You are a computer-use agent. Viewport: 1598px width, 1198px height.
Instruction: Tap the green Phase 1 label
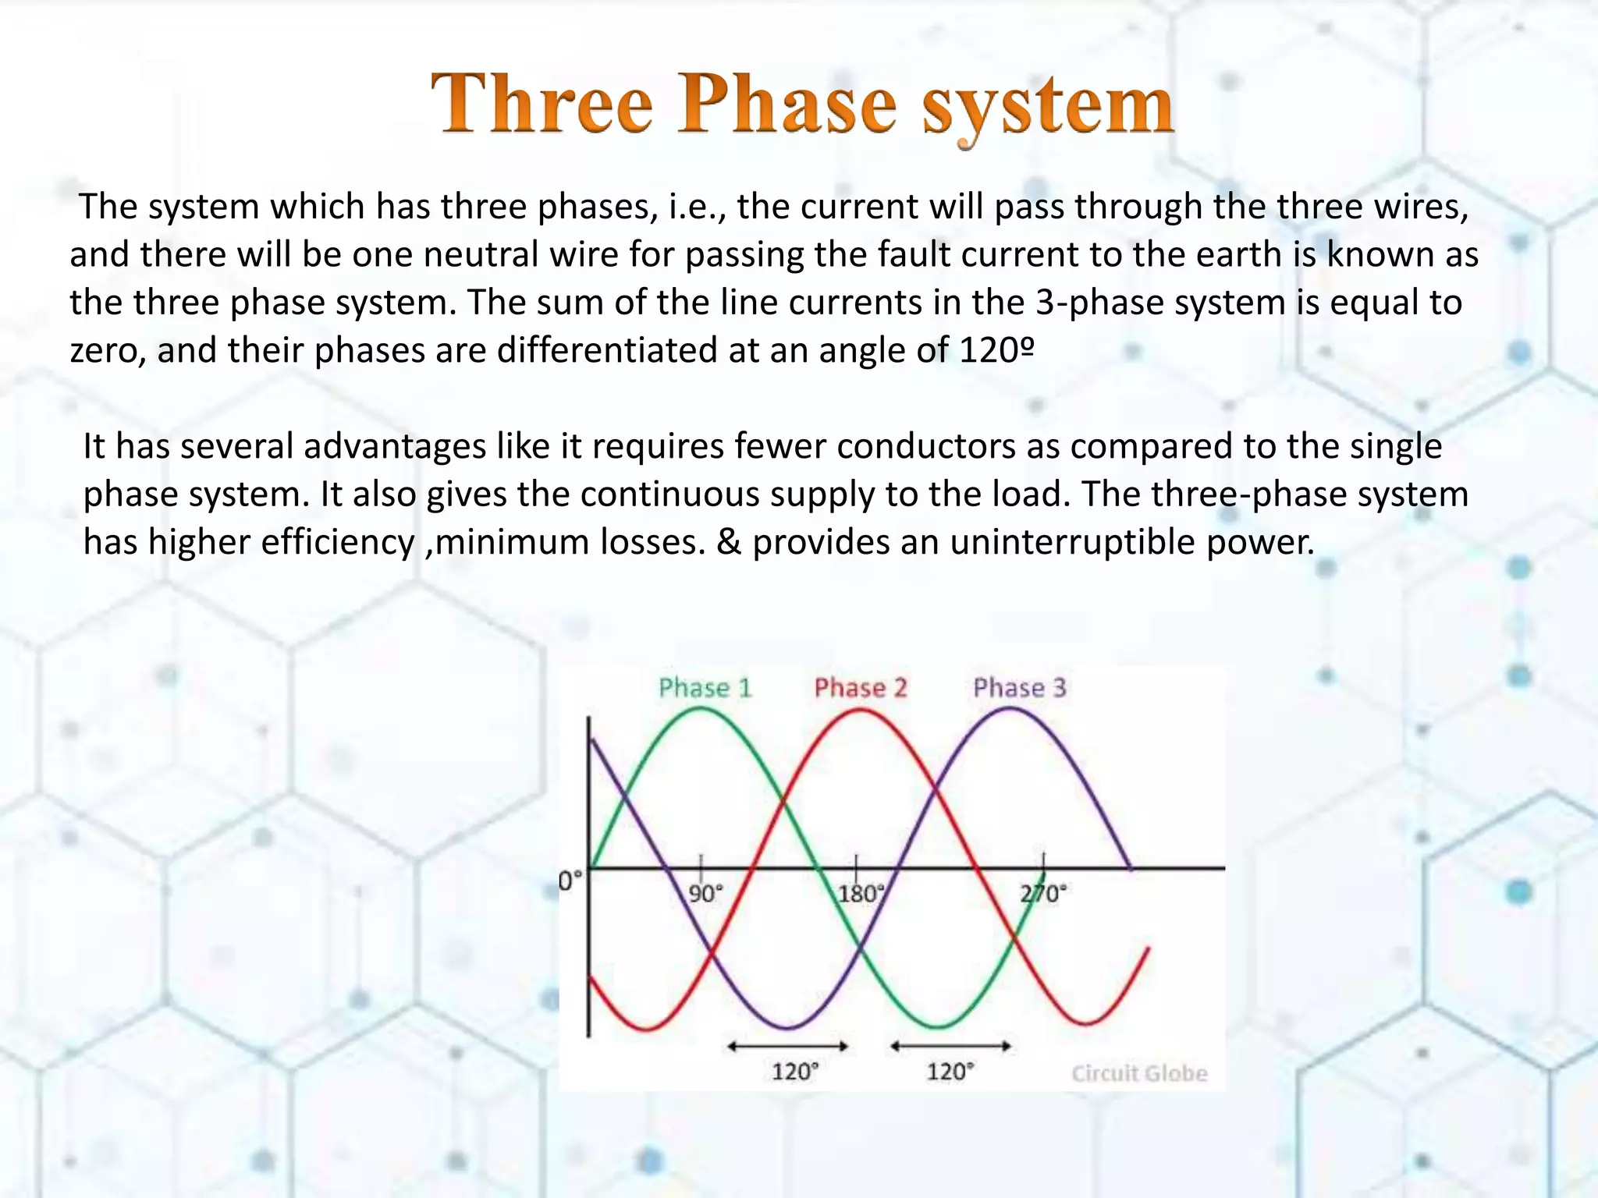point(705,688)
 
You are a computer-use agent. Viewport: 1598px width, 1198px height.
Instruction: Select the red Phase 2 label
point(861,688)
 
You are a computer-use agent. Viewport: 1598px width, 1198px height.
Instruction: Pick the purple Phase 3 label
point(1019,688)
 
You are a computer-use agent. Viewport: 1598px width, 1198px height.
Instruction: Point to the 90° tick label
point(705,894)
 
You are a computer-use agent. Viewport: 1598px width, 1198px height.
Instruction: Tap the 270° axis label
point(1043,894)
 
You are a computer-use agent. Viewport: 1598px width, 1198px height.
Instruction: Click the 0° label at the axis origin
point(570,882)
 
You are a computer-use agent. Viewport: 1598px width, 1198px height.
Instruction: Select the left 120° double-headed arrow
point(787,1047)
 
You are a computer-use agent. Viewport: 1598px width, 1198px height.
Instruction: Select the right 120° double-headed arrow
point(950,1047)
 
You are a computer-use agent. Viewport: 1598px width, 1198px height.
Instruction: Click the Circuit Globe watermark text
point(1138,1074)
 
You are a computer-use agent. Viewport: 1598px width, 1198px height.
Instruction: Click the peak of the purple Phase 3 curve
point(1009,709)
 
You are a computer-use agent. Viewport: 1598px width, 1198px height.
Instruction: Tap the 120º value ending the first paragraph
point(996,350)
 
